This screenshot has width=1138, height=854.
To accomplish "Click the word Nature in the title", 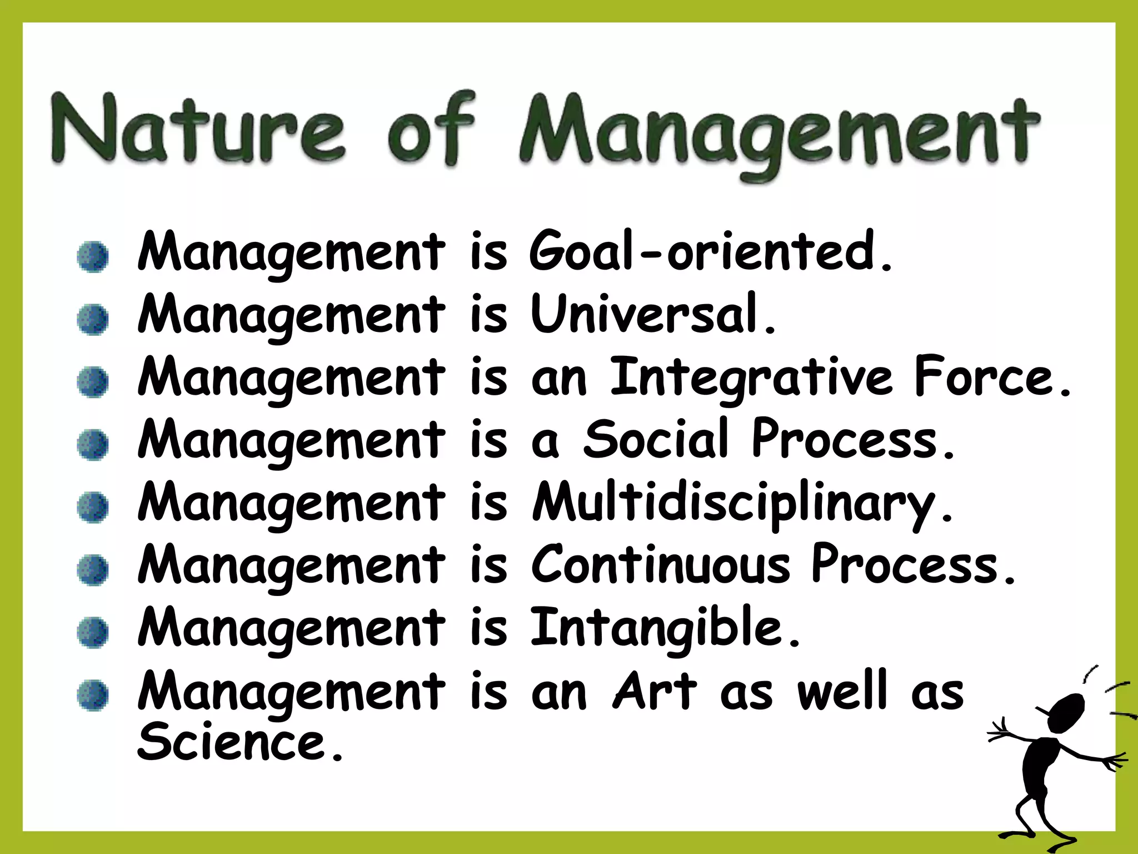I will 197,131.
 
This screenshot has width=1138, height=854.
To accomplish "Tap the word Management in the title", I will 778,133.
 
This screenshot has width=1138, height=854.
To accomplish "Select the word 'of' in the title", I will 431,131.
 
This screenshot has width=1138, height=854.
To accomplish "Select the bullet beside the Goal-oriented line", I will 93,257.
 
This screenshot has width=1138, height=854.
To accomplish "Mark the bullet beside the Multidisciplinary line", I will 93,508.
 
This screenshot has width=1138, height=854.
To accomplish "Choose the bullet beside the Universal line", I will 93,320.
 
